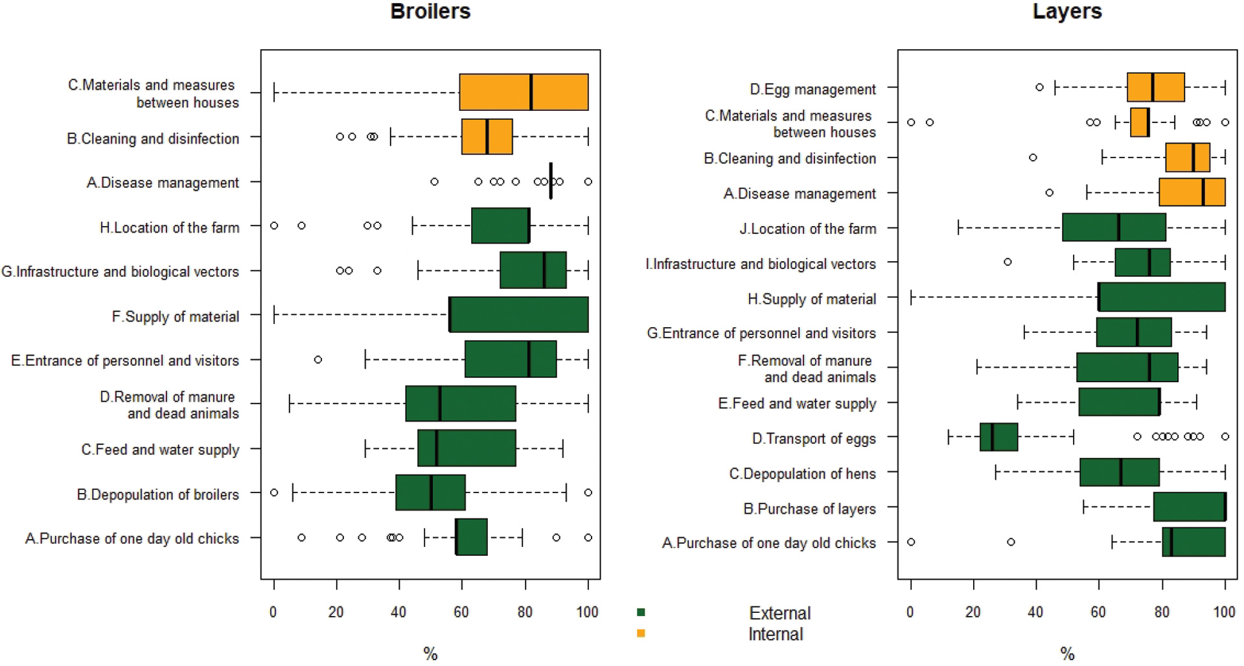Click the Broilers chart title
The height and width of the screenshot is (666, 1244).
click(430, 12)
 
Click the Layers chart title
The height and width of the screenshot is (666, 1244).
click(1066, 12)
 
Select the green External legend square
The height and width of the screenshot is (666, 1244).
click(641, 612)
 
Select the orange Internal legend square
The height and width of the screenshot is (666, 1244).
click(641, 633)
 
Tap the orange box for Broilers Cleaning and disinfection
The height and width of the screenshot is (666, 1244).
click(487, 137)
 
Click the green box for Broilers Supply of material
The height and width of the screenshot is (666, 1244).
click(518, 315)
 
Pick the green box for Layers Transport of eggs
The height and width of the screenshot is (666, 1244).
click(998, 437)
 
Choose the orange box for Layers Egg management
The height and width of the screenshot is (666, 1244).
click(1155, 87)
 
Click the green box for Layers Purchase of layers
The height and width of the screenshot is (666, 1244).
click(1189, 507)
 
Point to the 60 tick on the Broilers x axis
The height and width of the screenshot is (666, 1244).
click(461, 612)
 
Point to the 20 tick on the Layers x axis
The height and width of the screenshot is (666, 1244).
click(973, 612)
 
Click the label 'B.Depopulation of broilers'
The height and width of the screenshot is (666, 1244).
click(157, 495)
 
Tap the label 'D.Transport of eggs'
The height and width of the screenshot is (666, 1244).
click(813, 439)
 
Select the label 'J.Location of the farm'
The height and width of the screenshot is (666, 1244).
click(807, 229)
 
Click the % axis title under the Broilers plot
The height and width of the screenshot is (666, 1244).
click(430, 654)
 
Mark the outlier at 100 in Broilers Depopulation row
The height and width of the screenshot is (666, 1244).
click(588, 492)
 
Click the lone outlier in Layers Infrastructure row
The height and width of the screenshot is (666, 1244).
click(1007, 262)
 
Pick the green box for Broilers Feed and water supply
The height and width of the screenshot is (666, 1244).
click(466, 448)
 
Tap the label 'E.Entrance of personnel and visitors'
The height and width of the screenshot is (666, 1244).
click(125, 361)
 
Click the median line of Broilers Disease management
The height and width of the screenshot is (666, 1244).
click(551, 181)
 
